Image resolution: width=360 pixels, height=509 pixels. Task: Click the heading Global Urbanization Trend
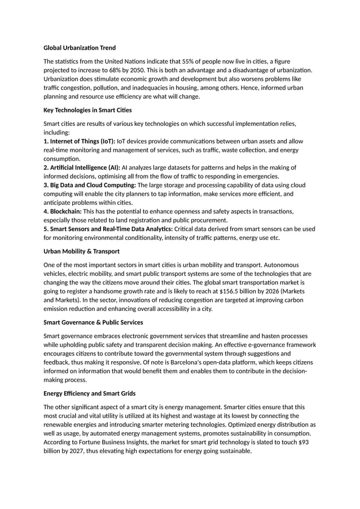80,47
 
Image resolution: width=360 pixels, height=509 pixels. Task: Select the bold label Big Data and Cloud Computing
90,185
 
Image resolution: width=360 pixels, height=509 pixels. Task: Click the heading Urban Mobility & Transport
81,251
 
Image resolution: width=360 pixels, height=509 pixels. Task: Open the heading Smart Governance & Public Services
93,322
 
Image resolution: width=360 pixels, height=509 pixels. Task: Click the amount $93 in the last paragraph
303,442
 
